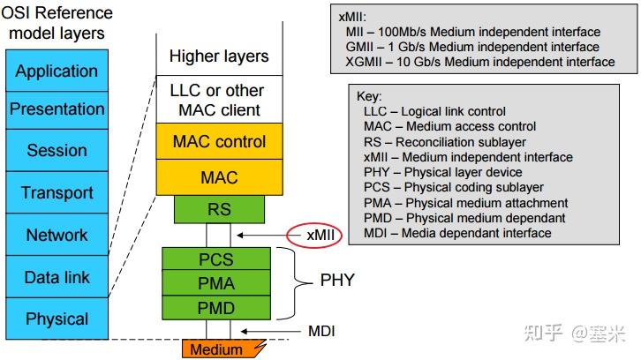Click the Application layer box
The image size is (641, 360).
tap(57, 71)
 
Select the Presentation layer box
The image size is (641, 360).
tap(57, 109)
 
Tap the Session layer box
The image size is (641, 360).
tap(57, 150)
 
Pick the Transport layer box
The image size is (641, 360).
tap(57, 192)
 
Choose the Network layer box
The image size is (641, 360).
tap(57, 235)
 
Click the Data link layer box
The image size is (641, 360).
tap(57, 277)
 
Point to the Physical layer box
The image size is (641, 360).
tap(57, 319)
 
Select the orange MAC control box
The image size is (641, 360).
tap(219, 141)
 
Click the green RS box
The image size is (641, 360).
tap(219, 209)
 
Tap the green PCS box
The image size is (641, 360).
tap(216, 259)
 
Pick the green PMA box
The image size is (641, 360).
tap(216, 283)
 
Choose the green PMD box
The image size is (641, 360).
tap(216, 308)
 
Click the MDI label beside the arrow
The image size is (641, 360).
tap(321, 332)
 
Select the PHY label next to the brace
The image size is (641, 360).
tap(336, 280)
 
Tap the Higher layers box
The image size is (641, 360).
tap(219, 56)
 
